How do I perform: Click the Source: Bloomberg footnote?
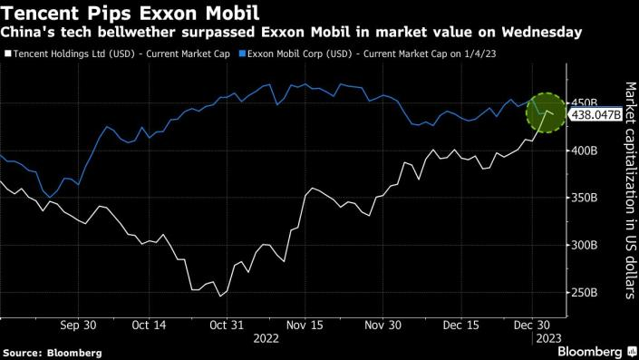pyautogui.click(x=53, y=351)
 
